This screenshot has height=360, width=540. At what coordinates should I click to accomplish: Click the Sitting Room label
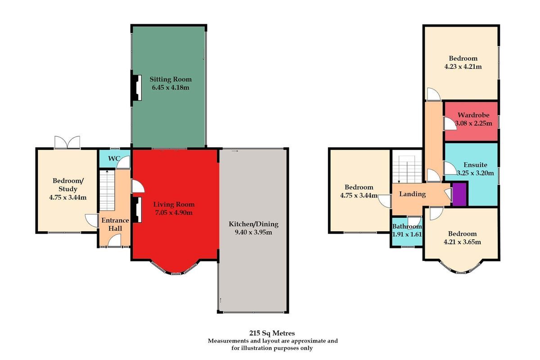pos(171,79)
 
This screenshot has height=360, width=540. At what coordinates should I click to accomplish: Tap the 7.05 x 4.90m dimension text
pos(174,213)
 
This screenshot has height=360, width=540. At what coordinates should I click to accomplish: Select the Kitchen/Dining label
pos(253,224)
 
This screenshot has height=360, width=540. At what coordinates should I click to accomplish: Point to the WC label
pos(114,159)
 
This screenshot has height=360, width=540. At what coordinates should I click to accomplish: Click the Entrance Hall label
pos(115,224)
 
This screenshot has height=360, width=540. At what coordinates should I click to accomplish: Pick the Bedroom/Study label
pos(68,184)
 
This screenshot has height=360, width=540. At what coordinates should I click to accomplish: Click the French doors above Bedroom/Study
pos(67,142)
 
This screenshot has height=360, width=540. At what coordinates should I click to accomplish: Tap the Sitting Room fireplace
pos(137,88)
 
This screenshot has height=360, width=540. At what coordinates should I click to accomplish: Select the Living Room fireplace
pos(137,210)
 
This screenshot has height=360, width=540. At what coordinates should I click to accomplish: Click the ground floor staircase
pos(107,190)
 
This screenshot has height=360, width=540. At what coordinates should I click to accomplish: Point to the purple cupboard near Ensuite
pos(459,194)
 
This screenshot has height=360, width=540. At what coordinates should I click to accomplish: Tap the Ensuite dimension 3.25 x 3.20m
pos(475,173)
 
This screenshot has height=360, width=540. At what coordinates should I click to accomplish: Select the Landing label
pos(413,194)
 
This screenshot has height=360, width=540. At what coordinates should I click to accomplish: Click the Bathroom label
pos(407,226)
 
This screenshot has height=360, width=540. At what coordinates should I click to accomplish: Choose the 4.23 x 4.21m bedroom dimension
pos(463,67)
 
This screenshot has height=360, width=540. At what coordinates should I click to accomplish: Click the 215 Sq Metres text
pos(272,333)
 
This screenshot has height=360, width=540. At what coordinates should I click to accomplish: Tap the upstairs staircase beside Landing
pos(407,169)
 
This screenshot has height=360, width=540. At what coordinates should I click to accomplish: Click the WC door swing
pos(123,162)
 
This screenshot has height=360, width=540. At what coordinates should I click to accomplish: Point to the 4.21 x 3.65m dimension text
pos(463,242)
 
